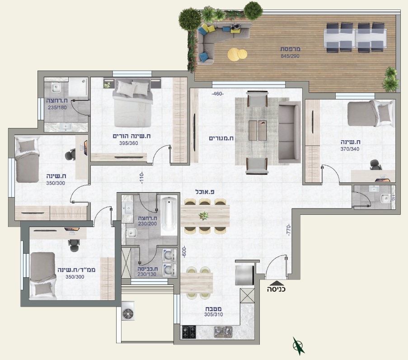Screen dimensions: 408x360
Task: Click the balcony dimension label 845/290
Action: [290, 56]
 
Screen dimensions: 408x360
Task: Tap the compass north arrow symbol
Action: [298, 346]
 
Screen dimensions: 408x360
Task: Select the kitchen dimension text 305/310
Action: [213, 314]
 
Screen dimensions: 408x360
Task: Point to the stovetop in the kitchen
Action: [189, 332]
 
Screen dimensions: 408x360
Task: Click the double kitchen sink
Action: [223, 332]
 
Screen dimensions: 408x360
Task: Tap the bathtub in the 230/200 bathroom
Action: [169, 216]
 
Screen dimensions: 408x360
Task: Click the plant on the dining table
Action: [203, 216]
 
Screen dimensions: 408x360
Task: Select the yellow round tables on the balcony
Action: [237, 54]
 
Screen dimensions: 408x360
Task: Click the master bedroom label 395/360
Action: [128, 143]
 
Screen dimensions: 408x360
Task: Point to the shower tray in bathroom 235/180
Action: [78, 87]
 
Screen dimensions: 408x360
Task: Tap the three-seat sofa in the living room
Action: [289, 133]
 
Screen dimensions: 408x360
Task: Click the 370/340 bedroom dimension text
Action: [350, 149]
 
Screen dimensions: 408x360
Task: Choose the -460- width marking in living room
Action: [217, 94]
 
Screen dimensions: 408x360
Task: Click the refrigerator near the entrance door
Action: [244, 275]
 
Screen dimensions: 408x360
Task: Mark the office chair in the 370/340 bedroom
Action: [376, 165]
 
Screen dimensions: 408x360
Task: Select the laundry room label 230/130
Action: [147, 274]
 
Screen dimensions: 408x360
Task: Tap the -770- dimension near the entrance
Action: [288, 230]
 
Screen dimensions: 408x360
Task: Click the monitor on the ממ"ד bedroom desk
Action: [72, 229]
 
